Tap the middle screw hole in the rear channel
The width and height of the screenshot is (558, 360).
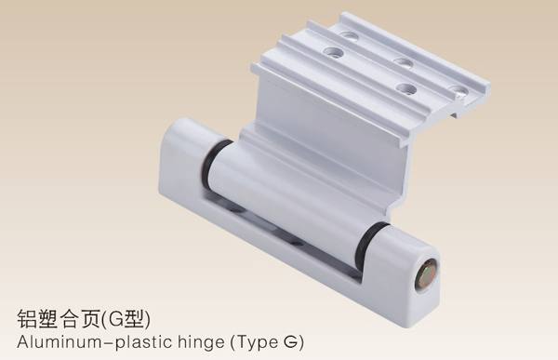click(405, 62)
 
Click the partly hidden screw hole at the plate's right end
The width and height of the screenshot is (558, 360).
click(459, 91)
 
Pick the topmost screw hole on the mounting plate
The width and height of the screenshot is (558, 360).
click(349, 35)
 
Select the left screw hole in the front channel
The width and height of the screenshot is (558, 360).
click(334, 53)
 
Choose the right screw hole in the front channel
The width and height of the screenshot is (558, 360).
click(406, 87)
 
